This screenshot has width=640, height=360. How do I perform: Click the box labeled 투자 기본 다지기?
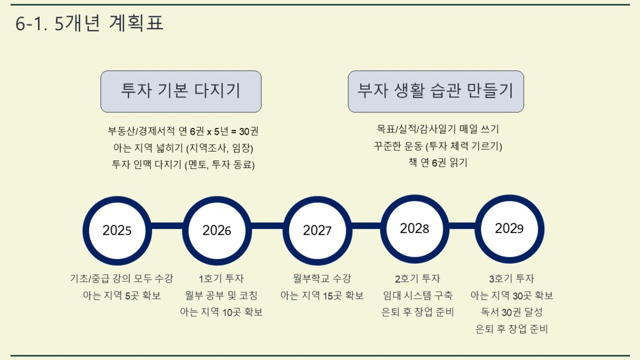[x=181, y=92]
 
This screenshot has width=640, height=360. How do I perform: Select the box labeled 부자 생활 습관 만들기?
[x=436, y=92]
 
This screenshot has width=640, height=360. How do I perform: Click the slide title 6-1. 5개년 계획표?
[x=89, y=23]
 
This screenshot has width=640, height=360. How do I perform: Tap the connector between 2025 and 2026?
[x=167, y=226]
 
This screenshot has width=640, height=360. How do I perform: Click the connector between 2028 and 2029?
[x=462, y=226]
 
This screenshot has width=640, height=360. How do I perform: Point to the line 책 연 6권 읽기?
[x=438, y=163]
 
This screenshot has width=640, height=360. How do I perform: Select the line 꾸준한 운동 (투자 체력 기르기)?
[x=438, y=146]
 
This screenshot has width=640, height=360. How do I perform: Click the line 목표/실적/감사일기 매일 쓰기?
[x=438, y=129]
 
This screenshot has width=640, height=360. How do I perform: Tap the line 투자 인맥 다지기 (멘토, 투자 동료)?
[x=183, y=165]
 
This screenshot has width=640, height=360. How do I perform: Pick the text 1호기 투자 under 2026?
[x=221, y=278]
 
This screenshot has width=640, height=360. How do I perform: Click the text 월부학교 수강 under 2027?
[x=322, y=278]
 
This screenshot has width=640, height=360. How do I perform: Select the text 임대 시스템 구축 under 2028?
[x=418, y=295]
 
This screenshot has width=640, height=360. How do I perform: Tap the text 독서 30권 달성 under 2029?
[x=512, y=312]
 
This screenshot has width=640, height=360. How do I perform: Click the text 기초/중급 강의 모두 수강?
[x=122, y=278]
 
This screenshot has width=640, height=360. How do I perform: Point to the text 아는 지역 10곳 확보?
[x=221, y=312]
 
